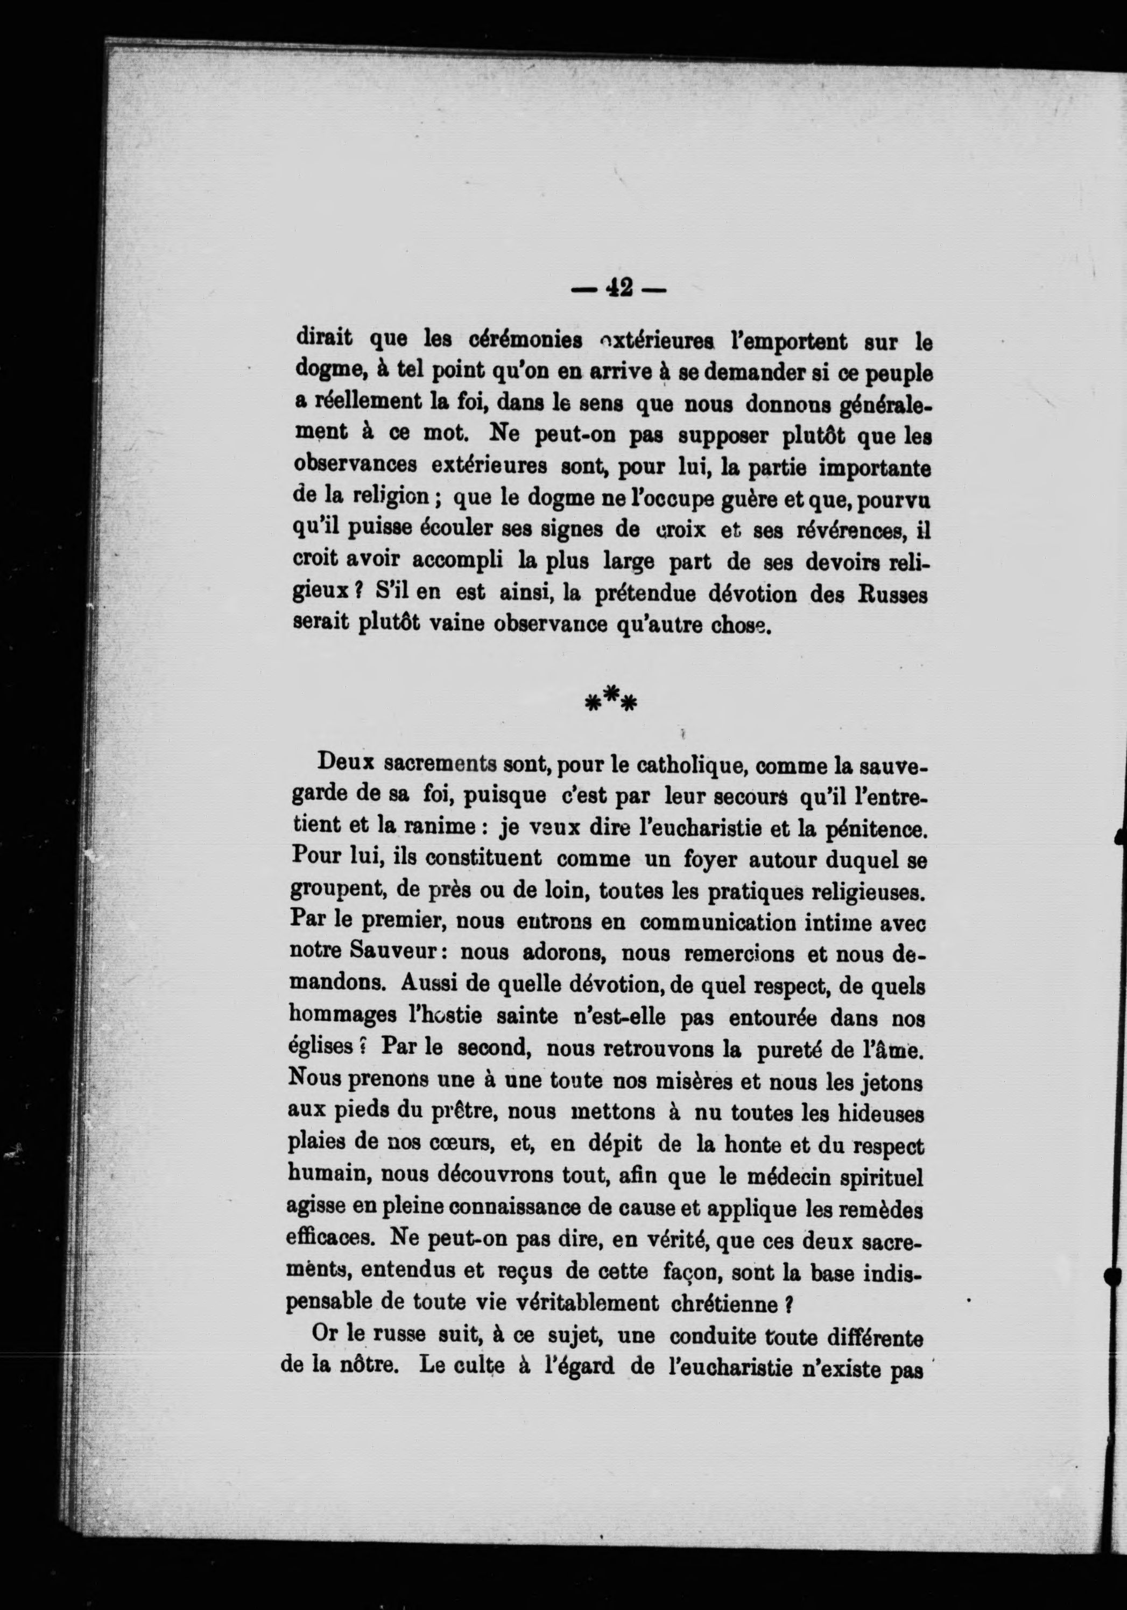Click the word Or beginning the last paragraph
(x=325, y=1336)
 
